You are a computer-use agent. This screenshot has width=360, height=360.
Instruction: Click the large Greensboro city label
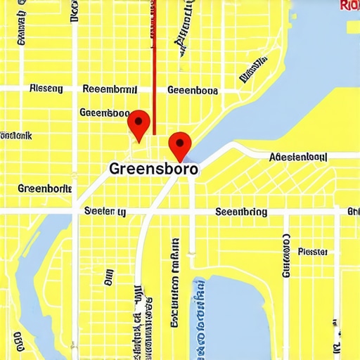(x=154, y=169)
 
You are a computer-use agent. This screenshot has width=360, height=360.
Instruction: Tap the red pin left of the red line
(x=139, y=124)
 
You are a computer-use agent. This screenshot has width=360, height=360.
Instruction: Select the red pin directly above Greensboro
(x=181, y=146)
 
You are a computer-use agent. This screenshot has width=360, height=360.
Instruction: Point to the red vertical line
(x=154, y=63)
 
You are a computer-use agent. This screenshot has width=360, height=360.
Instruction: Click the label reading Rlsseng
(x=46, y=89)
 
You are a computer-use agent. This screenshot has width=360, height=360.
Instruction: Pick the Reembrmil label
(x=110, y=89)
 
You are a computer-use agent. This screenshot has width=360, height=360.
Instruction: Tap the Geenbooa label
(x=192, y=90)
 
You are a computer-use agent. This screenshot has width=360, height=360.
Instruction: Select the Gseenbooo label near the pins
(x=104, y=112)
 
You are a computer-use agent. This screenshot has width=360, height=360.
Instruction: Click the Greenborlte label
(x=44, y=188)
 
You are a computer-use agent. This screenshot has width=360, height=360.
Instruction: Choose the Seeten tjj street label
(x=105, y=211)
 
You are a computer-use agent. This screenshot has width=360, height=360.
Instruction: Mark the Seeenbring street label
(x=240, y=211)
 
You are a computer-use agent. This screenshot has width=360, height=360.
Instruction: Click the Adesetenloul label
(x=299, y=157)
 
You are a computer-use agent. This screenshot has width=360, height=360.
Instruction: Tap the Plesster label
(x=313, y=251)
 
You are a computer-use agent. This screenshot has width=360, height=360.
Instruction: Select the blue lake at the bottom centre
(x=232, y=316)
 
